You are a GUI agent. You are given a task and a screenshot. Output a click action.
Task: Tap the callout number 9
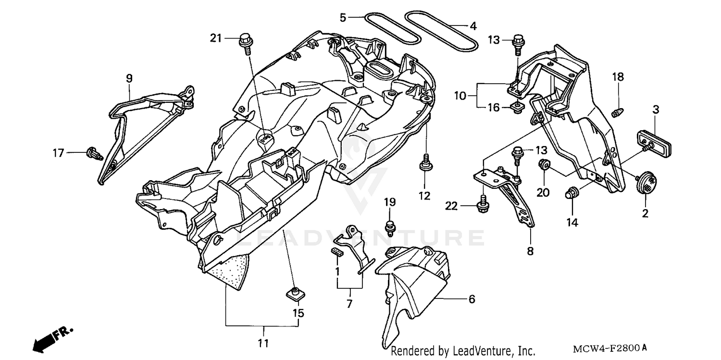click(x=129, y=78)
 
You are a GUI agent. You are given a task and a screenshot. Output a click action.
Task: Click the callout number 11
click(x=263, y=343)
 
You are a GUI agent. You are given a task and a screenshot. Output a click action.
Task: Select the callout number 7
click(x=349, y=304)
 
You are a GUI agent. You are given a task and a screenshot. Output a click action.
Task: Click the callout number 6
click(x=472, y=299)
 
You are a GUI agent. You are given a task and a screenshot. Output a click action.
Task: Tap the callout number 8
click(x=530, y=251)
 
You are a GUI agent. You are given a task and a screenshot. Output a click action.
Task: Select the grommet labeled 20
click(x=545, y=165)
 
